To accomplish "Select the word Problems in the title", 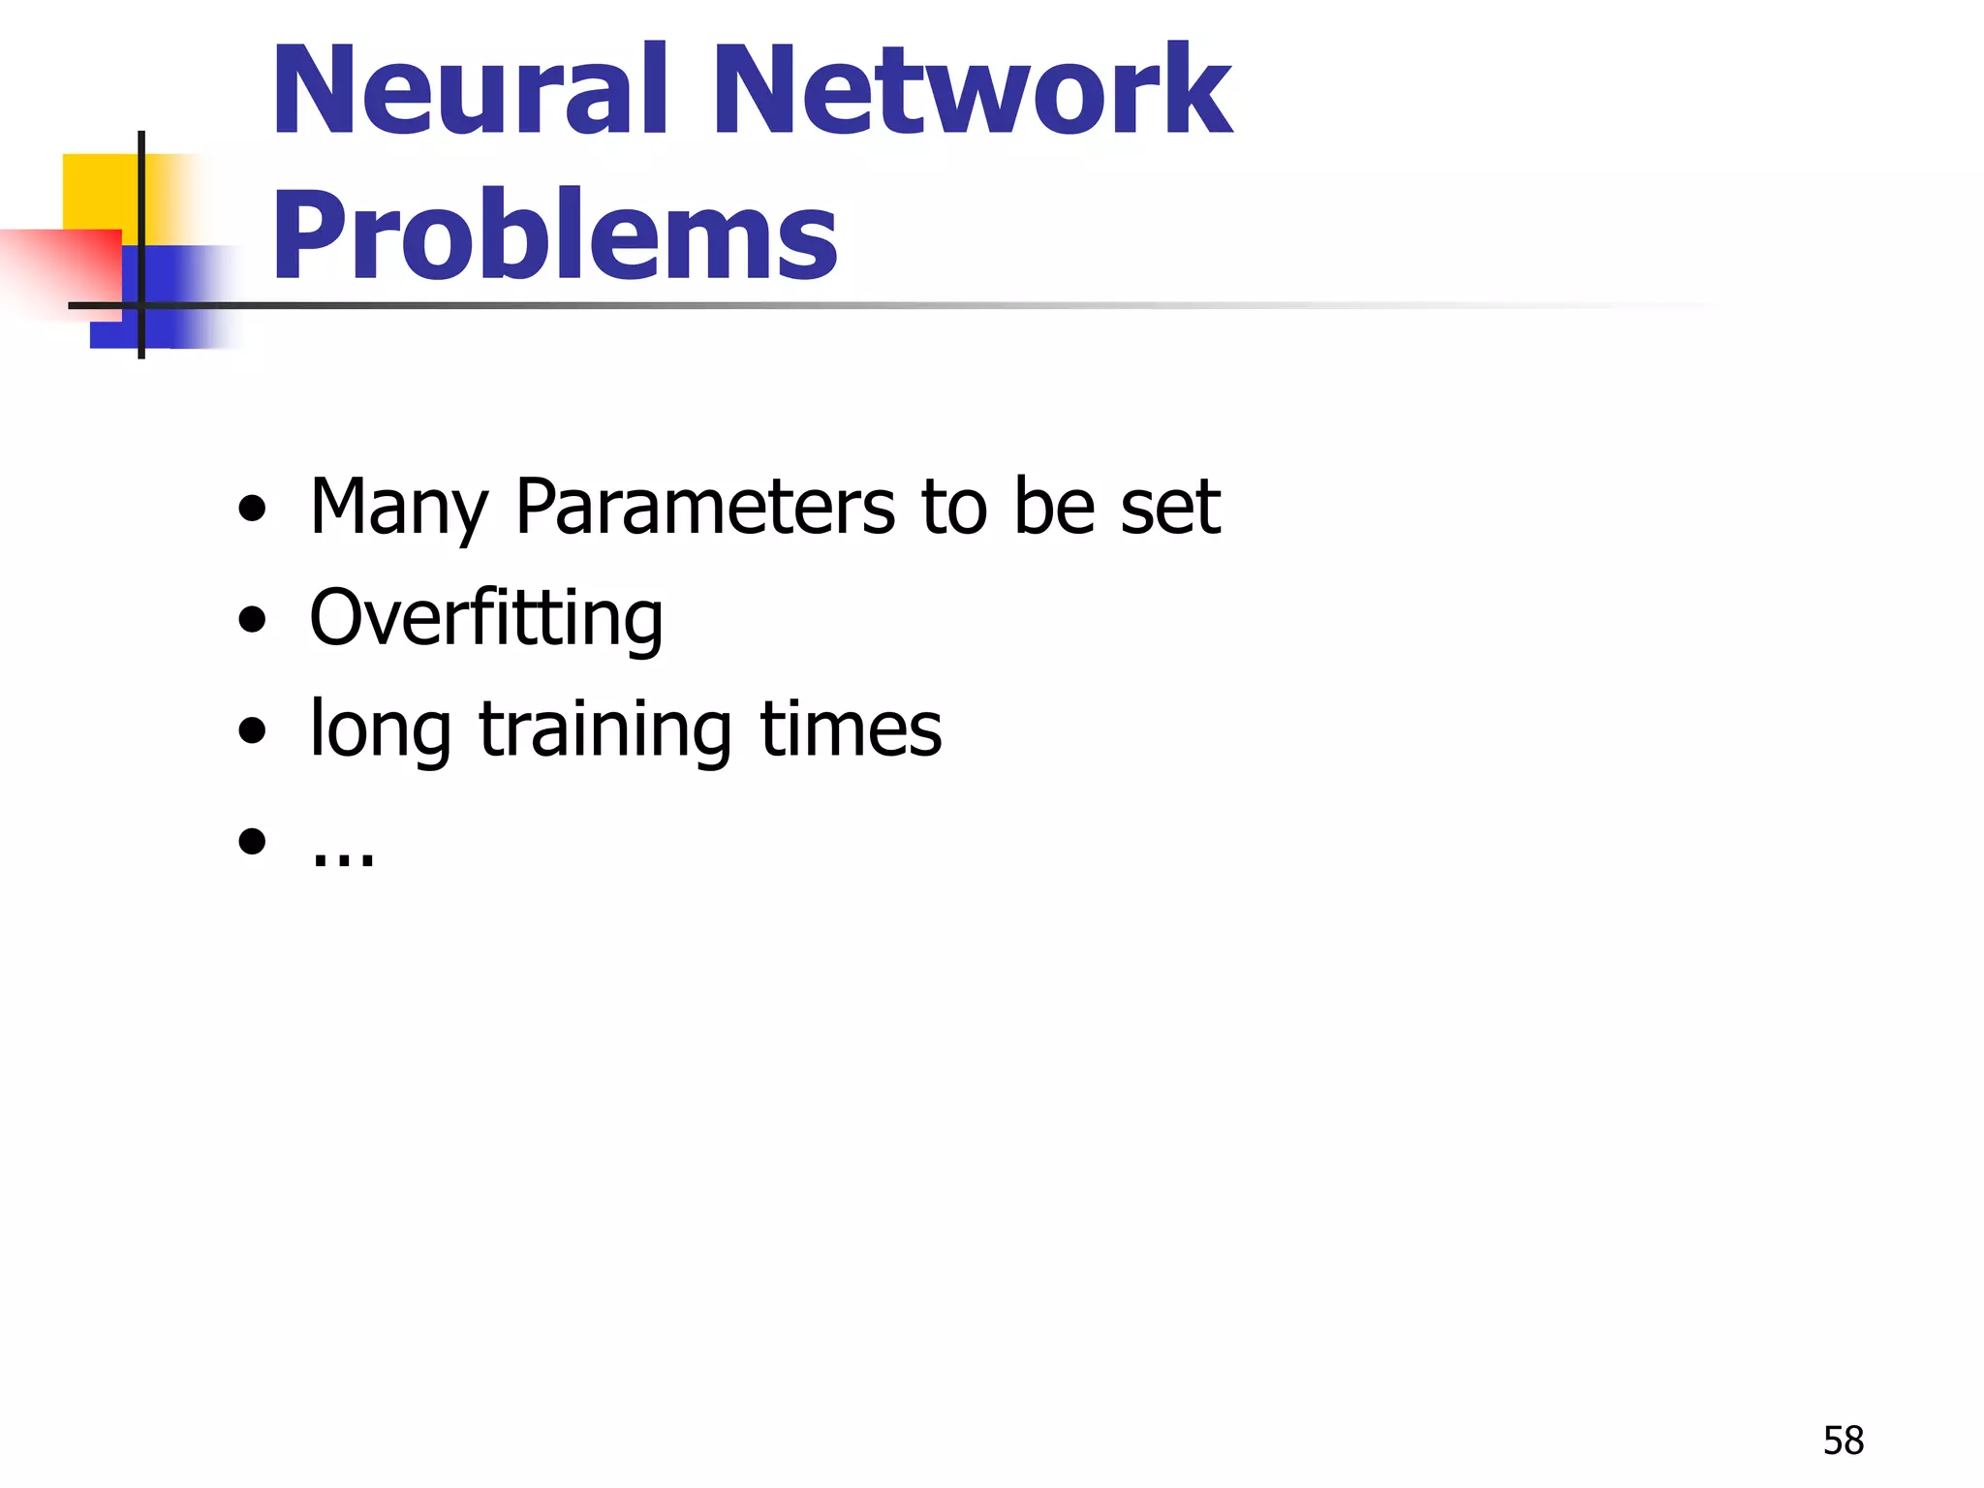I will tap(554, 235).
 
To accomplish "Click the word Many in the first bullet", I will tap(398, 508).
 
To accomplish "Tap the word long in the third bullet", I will tap(380, 730).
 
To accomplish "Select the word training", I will tap(604, 730).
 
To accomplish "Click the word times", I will tap(850, 728).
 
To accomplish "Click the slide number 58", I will tap(1843, 1441).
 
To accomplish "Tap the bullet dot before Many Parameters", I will tap(252, 508).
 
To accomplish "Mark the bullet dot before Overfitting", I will tap(252, 619).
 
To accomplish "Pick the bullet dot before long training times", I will tap(252, 729).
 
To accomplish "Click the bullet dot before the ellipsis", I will tap(252, 841).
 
